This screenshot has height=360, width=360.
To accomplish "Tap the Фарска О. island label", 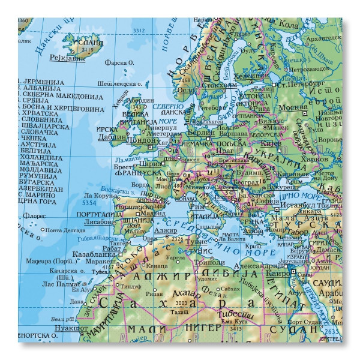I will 118,62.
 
